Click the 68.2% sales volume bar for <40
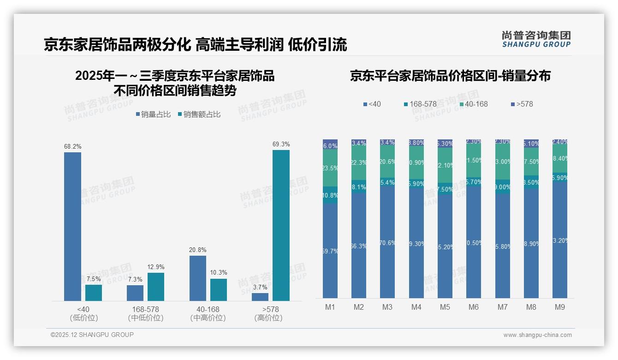coord(72,226)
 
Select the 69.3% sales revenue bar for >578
coord(281,225)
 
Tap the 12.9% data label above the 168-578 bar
coord(156,267)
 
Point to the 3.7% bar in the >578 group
coord(260,297)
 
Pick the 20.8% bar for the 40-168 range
coord(198,278)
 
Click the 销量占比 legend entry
coord(153,114)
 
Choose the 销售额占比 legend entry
coord(199,114)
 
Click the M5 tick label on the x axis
coord(445,307)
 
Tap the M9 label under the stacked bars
coord(560,307)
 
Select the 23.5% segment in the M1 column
coord(330,168)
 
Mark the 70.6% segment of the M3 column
coord(387,243)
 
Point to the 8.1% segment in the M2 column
coord(359,187)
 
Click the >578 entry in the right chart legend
coord(522,104)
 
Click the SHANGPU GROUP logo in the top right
coord(536,39)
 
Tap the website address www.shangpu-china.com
coord(537,335)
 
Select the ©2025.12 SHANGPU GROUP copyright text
coord(92,335)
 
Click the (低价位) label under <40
coord(84,318)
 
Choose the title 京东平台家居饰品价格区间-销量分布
coord(450,76)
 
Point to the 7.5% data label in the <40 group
coord(93,279)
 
